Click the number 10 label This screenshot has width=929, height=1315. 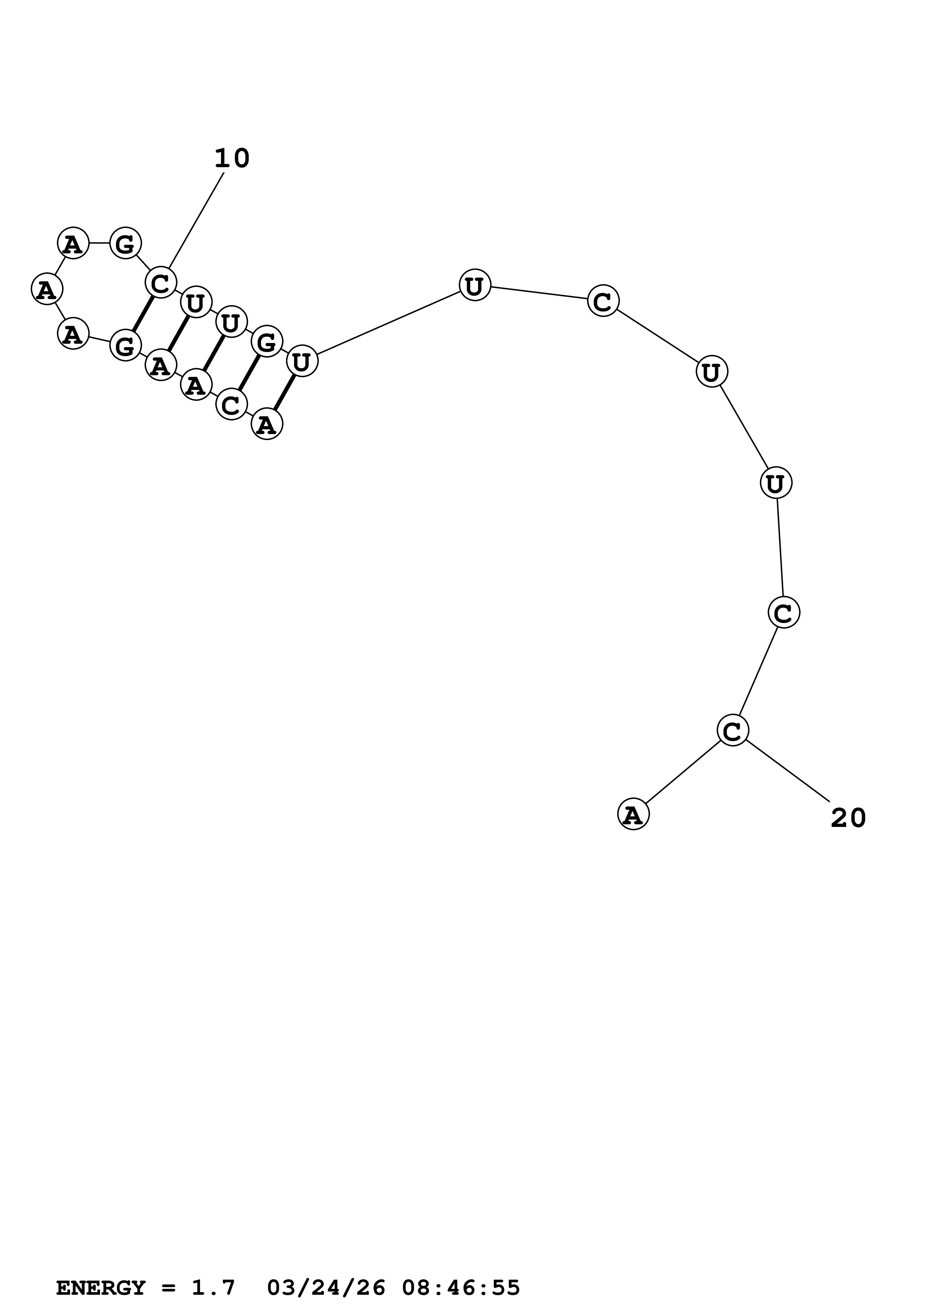pos(232,159)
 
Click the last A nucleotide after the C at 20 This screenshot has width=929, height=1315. pos(633,814)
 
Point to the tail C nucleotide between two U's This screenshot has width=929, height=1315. pos(603,301)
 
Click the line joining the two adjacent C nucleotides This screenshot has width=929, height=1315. pos(758,671)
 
